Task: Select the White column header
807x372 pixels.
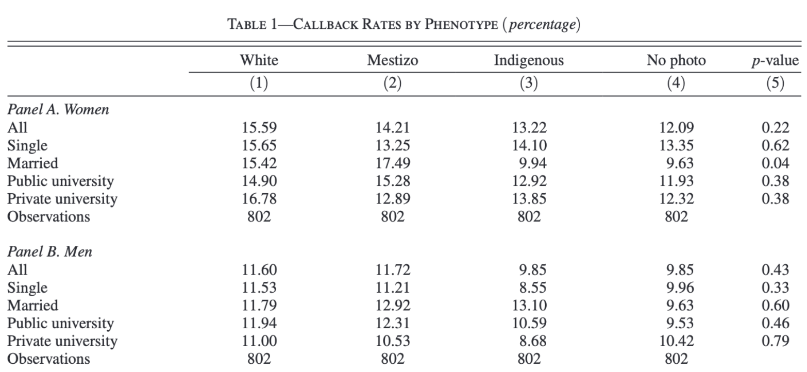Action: tap(259, 60)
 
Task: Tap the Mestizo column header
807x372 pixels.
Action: tap(392, 60)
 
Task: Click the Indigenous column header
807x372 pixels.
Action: tap(529, 60)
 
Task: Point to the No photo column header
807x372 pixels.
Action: tap(676, 61)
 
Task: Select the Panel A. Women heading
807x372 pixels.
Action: tap(58, 109)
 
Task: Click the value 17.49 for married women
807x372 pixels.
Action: tap(393, 163)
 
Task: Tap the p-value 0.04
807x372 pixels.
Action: tap(776, 163)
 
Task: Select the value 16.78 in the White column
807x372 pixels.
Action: tap(259, 199)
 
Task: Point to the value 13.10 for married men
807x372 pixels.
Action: tap(529, 306)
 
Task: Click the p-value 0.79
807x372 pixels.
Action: tap(776, 341)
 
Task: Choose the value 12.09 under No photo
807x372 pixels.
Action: tap(677, 127)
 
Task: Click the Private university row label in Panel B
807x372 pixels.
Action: tap(62, 341)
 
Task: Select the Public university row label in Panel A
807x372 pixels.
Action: tap(60, 181)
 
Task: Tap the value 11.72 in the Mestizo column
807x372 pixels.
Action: tap(393, 269)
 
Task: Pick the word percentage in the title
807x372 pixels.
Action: tap(542, 25)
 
